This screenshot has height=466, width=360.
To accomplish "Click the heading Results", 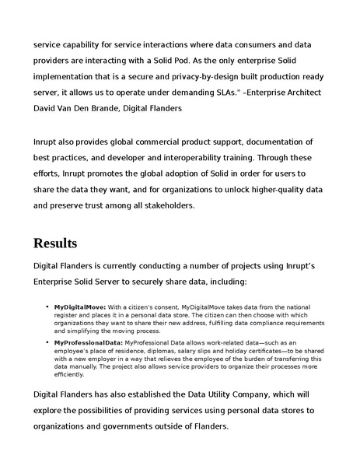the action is tap(54, 243).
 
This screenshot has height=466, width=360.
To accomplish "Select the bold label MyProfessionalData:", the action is tap(88, 342).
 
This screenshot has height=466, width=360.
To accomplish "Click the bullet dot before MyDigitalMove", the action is tap(47, 308).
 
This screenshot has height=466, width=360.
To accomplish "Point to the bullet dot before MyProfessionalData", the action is tap(47, 342).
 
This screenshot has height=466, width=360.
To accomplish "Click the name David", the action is tap(47, 109).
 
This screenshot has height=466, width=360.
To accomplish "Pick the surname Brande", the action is tap(118, 109).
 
